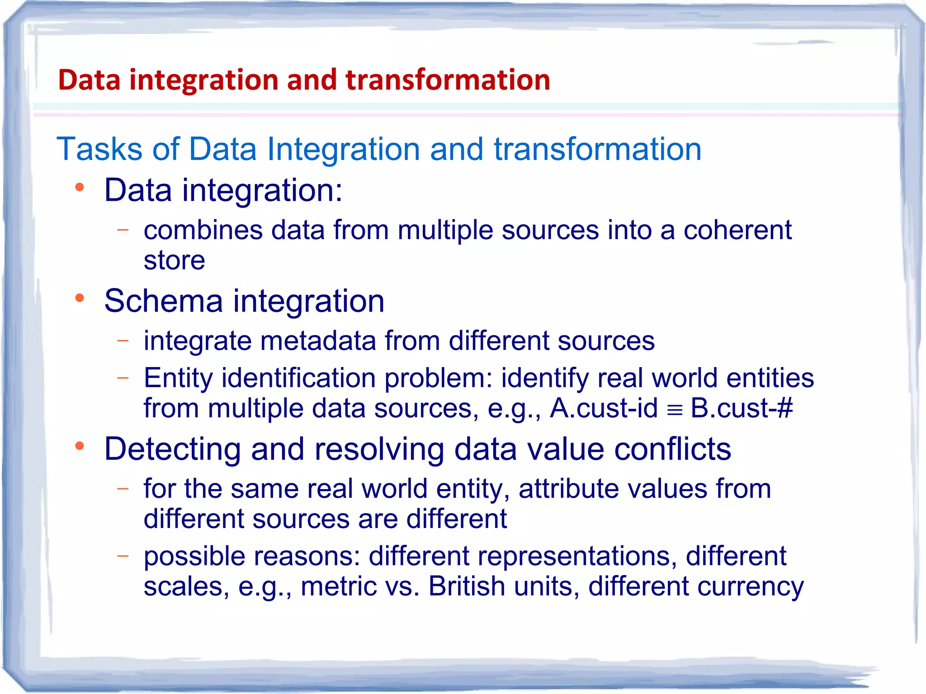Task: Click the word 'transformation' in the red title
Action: click(x=448, y=80)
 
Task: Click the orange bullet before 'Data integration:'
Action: click(x=80, y=187)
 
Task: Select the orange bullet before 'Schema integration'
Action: click(x=80, y=298)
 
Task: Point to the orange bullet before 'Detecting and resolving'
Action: click(x=80, y=446)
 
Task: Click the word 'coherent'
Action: click(x=737, y=230)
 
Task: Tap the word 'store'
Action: click(x=174, y=261)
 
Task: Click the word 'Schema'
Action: click(x=163, y=301)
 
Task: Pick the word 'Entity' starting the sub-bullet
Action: click(x=178, y=378)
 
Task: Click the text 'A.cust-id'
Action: click(x=604, y=408)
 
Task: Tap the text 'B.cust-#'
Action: click(x=742, y=408)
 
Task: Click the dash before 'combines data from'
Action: click(x=123, y=230)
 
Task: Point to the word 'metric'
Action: click(x=339, y=586)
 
